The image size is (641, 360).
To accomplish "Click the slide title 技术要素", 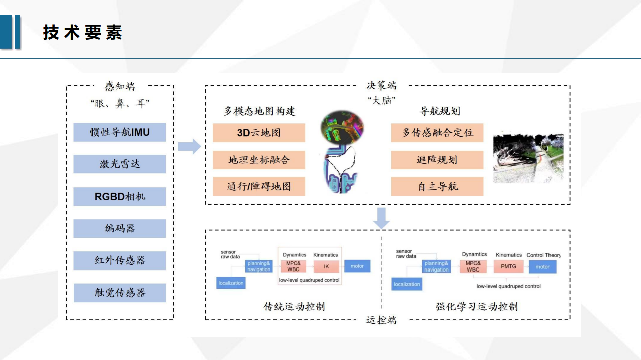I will click(82, 33).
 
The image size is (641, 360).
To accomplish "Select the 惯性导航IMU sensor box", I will click(120, 132).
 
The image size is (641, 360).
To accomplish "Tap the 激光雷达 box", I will click(120, 164).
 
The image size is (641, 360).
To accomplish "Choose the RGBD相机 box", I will click(120, 196).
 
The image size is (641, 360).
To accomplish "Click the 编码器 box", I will click(120, 228).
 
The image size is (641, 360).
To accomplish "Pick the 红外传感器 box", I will click(120, 260).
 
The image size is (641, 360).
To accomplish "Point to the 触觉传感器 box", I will click(120, 293).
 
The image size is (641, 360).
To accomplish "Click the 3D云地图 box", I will click(259, 133).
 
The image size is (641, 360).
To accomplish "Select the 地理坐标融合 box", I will click(259, 160).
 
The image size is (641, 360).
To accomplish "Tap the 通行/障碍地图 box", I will click(259, 187).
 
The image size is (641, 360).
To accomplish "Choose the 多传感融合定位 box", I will click(437, 133).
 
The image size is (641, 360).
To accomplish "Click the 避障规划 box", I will click(437, 160).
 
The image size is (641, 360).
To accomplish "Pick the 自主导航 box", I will click(437, 187).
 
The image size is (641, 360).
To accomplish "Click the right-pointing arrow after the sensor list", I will click(189, 147).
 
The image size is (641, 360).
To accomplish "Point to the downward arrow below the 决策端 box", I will click(381, 217).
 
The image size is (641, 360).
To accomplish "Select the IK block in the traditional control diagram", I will click(326, 266).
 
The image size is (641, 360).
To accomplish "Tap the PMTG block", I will click(508, 266).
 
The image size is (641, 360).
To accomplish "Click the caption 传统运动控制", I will click(294, 306).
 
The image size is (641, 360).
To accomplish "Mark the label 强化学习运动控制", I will click(477, 306).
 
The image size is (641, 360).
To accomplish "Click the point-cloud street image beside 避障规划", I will click(527, 157).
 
